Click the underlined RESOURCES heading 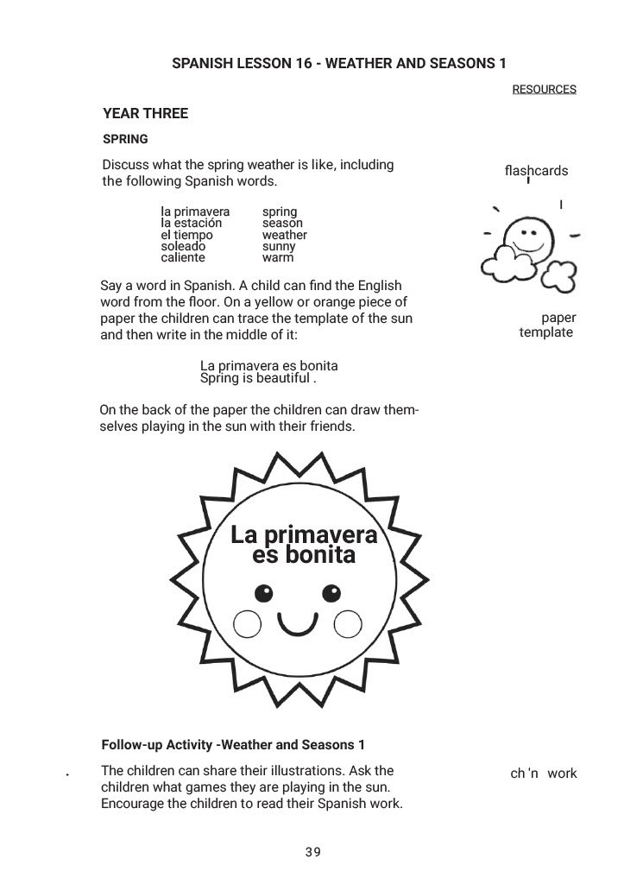point(544,90)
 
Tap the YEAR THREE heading point(145,114)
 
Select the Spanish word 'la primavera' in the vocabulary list point(195,212)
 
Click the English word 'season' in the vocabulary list point(282,223)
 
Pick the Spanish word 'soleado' point(183,246)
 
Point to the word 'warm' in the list point(278,257)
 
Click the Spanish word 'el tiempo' point(186,235)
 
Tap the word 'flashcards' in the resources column point(536,171)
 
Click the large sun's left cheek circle point(247,623)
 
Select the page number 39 point(312,853)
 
